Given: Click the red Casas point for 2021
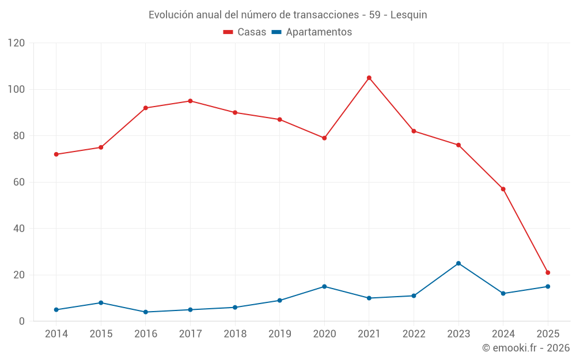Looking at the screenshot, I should pyautogui.click(x=369, y=78).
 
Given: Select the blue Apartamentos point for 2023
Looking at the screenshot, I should pyautogui.click(x=458, y=263).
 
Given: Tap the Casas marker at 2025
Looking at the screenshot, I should pyautogui.click(x=548, y=272).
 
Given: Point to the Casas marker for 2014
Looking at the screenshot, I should pyautogui.click(x=56, y=154).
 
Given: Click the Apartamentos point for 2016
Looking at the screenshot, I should pyautogui.click(x=146, y=312).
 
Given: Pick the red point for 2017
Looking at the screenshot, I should pyautogui.click(x=190, y=101).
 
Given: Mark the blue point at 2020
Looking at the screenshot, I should pyautogui.click(x=324, y=286).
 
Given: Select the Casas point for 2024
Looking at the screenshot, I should pyautogui.click(x=503, y=189).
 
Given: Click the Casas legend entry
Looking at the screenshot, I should pyautogui.click(x=245, y=32).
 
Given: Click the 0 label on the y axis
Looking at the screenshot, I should pyautogui.click(x=22, y=321).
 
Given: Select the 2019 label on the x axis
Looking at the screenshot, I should pyautogui.click(x=280, y=334).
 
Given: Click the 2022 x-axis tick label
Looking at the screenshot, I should pyautogui.click(x=414, y=334).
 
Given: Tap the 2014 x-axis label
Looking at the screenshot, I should pyautogui.click(x=56, y=334).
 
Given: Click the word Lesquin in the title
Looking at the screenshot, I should pyautogui.click(x=408, y=15).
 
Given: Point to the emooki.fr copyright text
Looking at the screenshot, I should pyautogui.click(x=525, y=348).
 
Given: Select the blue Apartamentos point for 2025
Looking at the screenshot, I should pyautogui.click(x=548, y=286).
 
